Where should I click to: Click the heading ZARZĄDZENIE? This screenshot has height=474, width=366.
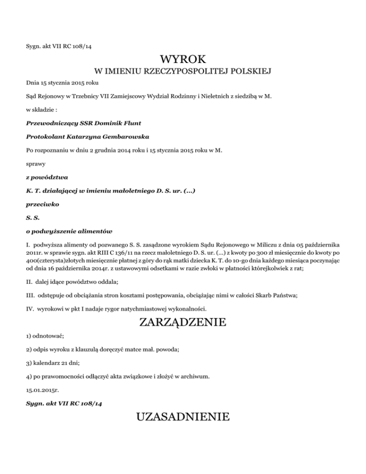(183, 323)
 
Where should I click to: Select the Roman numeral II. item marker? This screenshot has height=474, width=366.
(29, 282)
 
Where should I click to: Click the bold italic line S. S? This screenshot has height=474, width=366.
(31, 218)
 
